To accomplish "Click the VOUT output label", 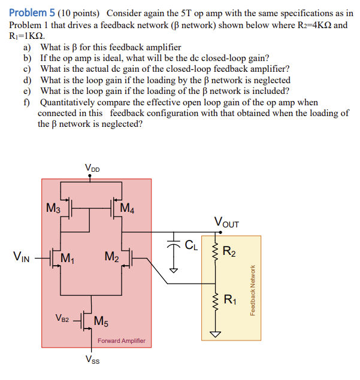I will click(226, 224).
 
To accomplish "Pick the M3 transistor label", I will click(53, 208).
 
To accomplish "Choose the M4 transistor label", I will click(128, 208).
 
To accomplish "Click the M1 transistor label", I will click(68, 259).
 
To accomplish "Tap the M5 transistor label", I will click(101, 321).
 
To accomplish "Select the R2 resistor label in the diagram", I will click(229, 251).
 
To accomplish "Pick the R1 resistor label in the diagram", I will click(229, 300).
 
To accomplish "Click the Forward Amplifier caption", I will click(121, 341).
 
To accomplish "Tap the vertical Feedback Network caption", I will click(253, 290).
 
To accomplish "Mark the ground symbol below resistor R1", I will click(214, 333).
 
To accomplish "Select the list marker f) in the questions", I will click(27, 102).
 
